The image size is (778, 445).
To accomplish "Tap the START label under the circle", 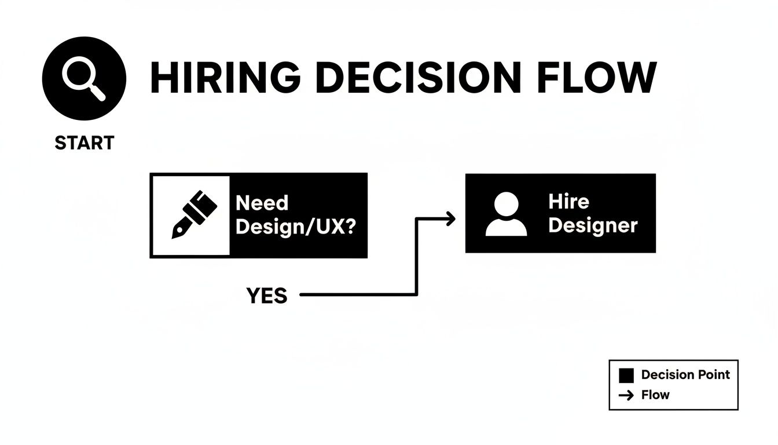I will click(x=85, y=143).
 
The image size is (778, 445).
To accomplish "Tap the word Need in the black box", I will click(x=262, y=203).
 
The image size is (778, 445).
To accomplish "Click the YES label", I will click(x=267, y=296).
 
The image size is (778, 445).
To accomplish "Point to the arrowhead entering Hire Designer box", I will click(x=451, y=218).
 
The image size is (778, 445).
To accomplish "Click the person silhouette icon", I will click(x=506, y=214).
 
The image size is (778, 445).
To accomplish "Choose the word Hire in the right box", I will click(x=568, y=202).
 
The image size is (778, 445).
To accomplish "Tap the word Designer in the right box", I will click(x=592, y=225).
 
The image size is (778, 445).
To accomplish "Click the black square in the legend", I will click(x=626, y=375).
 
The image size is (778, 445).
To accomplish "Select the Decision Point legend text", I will click(x=685, y=375).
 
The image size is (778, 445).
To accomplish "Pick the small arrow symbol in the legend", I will click(x=626, y=396).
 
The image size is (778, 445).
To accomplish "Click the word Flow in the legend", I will click(x=655, y=395).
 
